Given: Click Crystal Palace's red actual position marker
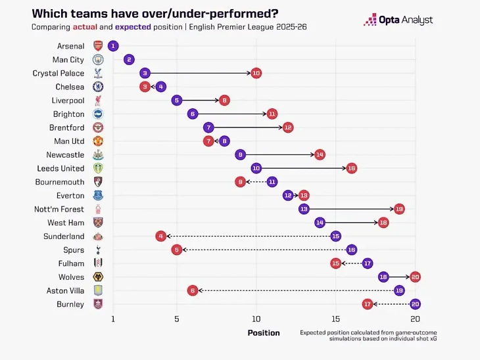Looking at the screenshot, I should coord(256,73).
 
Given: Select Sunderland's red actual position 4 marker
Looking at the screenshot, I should coord(160,236).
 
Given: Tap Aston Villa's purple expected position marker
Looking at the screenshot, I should coord(399,290).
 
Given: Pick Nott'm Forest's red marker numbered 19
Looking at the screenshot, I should coord(399,209).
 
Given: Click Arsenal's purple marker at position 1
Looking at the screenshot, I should coord(113,46).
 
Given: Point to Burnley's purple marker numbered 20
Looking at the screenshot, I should coord(415,304).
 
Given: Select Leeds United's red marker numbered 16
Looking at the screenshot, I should coord(351,168).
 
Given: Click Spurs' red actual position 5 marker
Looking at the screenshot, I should coord(176,250).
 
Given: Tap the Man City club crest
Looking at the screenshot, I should coord(98,60).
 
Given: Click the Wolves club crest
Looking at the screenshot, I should coord(98,277).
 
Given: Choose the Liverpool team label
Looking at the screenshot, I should coord(68,101).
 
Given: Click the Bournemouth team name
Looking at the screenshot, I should coord(60,182).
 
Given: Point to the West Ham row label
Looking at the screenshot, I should coord(66,223).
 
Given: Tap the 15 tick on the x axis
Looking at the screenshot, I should coord(335,319).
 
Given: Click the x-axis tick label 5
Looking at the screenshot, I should coord(176,319).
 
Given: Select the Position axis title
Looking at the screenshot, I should coord(264,332).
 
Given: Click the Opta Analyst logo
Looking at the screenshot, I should coord(398,20).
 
